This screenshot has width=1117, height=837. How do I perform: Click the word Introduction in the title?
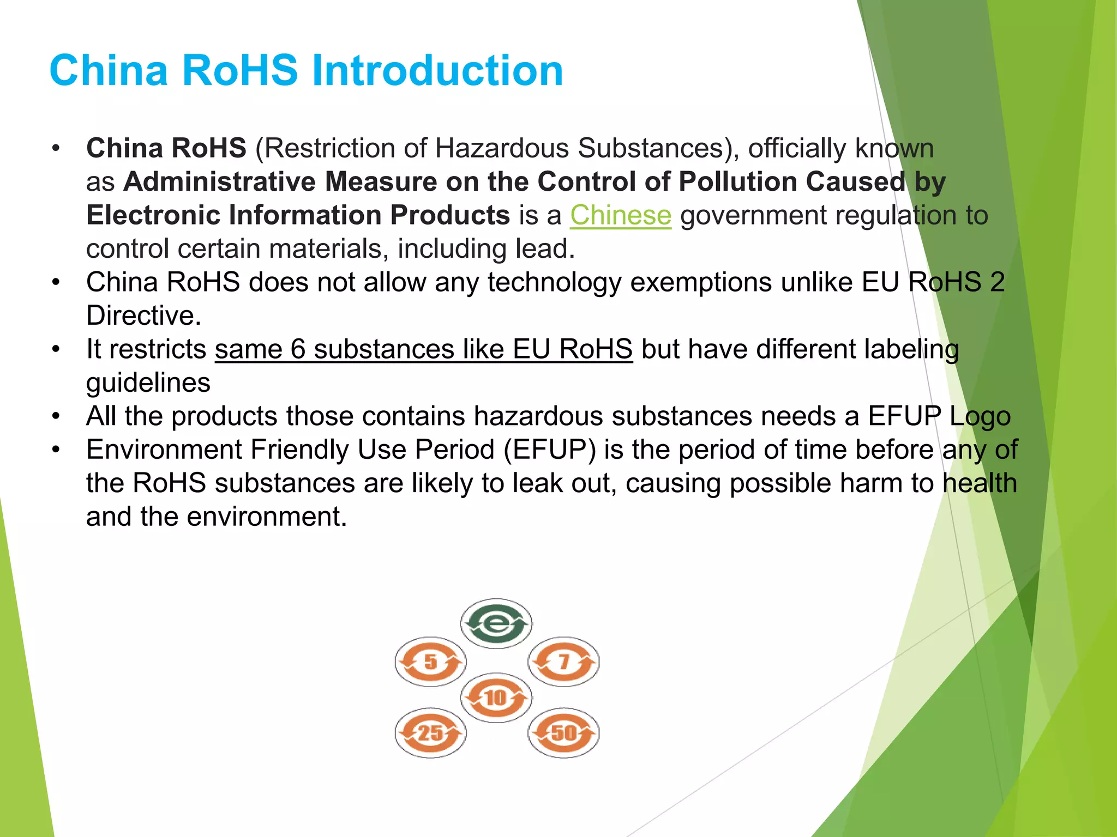coord(437,71)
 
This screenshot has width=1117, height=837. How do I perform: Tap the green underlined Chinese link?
coord(620,215)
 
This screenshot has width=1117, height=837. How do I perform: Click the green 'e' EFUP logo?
coord(496,623)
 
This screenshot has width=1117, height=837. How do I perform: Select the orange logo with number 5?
coord(430,662)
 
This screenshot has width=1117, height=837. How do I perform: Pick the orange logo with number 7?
coord(563,662)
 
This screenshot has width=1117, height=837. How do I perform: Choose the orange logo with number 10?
coord(496,697)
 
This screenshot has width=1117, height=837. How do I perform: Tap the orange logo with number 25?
coord(430,733)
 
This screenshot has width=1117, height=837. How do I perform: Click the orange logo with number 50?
coord(563,733)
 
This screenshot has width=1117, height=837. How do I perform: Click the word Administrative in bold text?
coord(220,181)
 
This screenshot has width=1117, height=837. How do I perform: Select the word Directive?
coord(143,316)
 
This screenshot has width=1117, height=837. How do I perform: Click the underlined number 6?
coord(297,349)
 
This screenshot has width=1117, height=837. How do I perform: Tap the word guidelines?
coord(148,383)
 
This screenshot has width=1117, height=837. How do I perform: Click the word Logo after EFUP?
coord(980,416)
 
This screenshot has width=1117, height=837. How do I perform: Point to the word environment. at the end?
coord(267,517)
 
